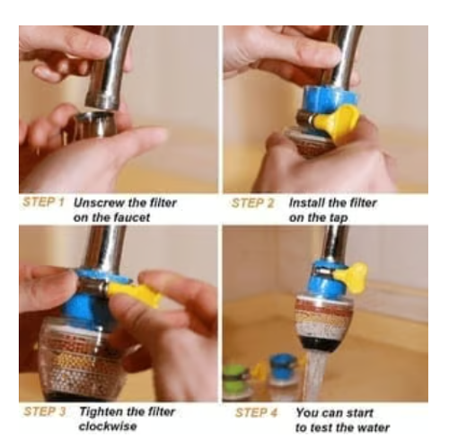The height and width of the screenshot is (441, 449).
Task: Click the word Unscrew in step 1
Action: [100, 204]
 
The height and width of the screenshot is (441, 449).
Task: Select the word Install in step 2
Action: [305, 204]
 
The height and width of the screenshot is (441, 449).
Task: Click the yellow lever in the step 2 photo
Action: [340, 120]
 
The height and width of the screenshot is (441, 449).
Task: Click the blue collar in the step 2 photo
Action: [313, 101]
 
